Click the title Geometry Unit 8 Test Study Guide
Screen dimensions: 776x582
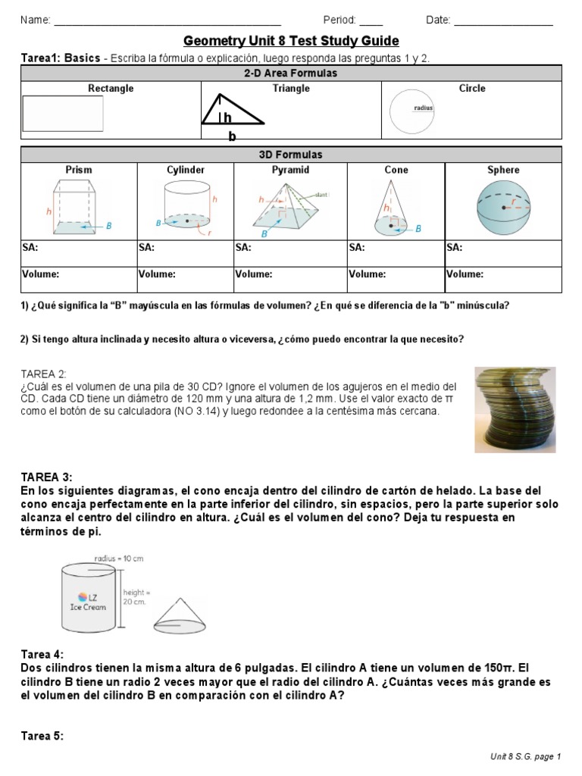[x=291, y=41]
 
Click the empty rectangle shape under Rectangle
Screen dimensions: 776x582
[x=62, y=114]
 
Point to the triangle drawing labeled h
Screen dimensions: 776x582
[x=232, y=112]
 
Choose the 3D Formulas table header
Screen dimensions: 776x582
[x=291, y=155]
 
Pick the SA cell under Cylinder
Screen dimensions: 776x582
[x=185, y=252]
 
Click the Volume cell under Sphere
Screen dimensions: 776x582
[x=503, y=279]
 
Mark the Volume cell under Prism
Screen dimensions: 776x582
[x=79, y=279]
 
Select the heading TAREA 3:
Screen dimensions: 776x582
[x=46, y=477]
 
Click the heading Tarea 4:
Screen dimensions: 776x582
[x=42, y=654]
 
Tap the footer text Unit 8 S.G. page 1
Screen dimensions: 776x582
[x=525, y=756]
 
